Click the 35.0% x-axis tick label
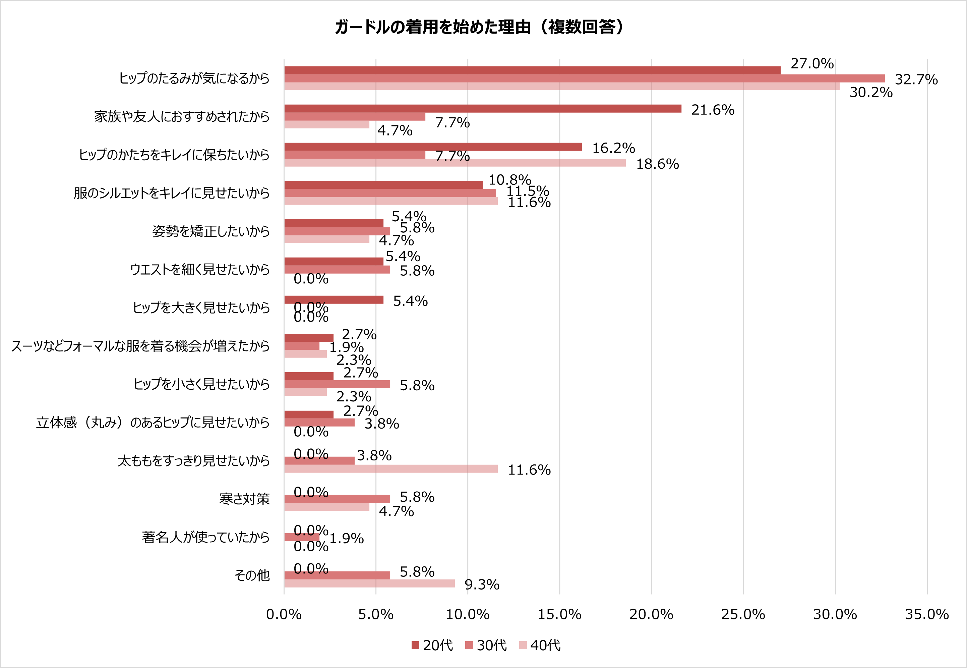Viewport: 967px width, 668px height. click(x=927, y=614)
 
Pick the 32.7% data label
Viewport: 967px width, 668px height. click(x=916, y=79)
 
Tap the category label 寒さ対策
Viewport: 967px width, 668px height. click(x=244, y=499)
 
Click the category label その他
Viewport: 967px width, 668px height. click(x=252, y=575)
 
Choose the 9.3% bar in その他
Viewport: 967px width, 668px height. click(x=369, y=583)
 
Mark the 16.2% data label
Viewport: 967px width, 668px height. click(x=613, y=148)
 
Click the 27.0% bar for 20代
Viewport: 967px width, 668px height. click(x=532, y=70)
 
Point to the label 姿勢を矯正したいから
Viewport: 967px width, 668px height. click(x=211, y=231)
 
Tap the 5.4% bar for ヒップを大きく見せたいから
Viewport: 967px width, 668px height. click(x=334, y=300)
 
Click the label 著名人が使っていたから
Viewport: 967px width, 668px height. click(x=205, y=537)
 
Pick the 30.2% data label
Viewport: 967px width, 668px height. click(x=871, y=93)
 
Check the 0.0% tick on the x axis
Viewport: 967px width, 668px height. click(x=284, y=614)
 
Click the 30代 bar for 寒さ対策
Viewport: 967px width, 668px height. click(x=337, y=499)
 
